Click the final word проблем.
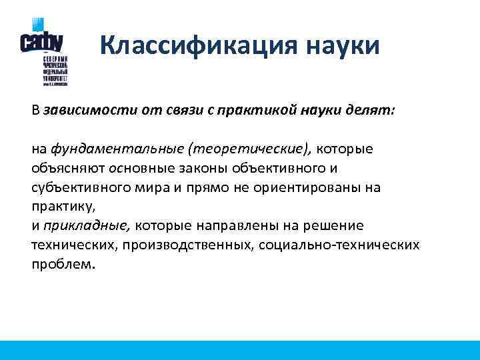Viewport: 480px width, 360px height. point(63,264)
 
